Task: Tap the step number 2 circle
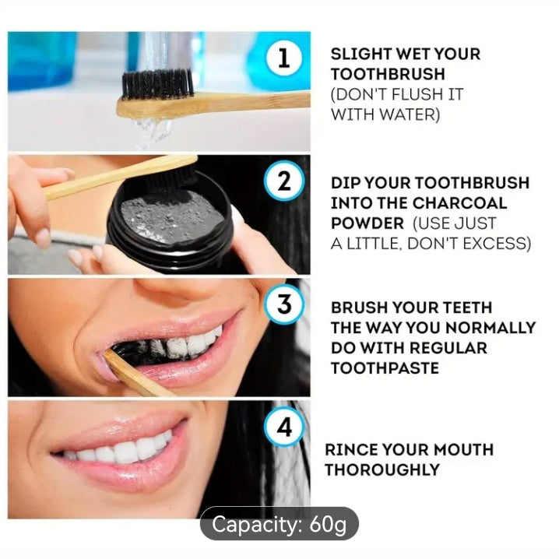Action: click(x=283, y=183)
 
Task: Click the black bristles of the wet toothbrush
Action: click(x=158, y=83)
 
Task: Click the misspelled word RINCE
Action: click(x=351, y=449)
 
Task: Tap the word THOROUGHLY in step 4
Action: click(x=381, y=469)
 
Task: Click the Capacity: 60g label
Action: click(x=279, y=524)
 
